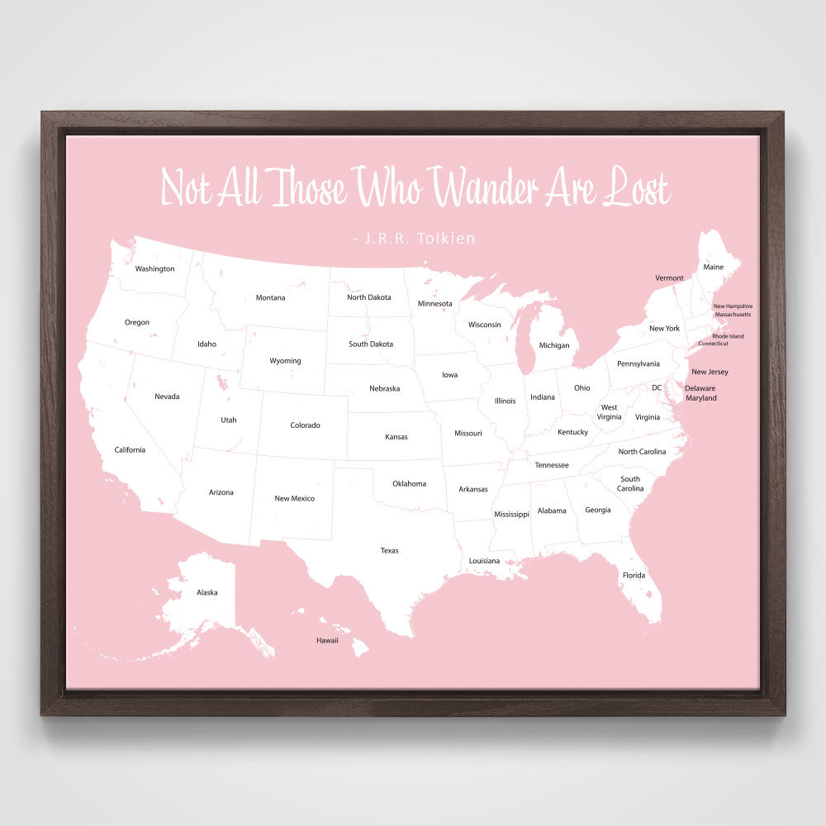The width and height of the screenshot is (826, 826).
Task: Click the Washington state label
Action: click(x=154, y=268)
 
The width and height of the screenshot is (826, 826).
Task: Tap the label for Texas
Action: click(x=389, y=550)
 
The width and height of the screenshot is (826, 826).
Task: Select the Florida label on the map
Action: click(x=634, y=575)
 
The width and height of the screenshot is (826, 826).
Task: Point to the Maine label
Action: click(x=713, y=267)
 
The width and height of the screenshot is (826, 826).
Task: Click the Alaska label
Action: click(x=207, y=592)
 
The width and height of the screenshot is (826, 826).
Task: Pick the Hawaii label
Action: click(x=327, y=640)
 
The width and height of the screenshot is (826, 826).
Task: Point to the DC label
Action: click(x=657, y=387)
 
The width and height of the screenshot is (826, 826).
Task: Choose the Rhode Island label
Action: click(x=728, y=335)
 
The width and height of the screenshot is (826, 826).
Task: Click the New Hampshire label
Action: click(x=733, y=306)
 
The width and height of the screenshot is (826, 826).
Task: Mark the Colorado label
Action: click(x=305, y=425)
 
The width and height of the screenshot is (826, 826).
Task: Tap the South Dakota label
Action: click(x=371, y=344)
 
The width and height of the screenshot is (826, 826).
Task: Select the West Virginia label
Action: click(x=609, y=412)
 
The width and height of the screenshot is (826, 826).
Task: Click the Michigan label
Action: click(x=554, y=345)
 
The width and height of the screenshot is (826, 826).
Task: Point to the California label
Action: click(x=130, y=449)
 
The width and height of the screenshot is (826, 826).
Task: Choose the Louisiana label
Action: click(x=484, y=561)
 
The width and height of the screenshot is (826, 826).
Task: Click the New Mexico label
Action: click(x=294, y=498)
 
